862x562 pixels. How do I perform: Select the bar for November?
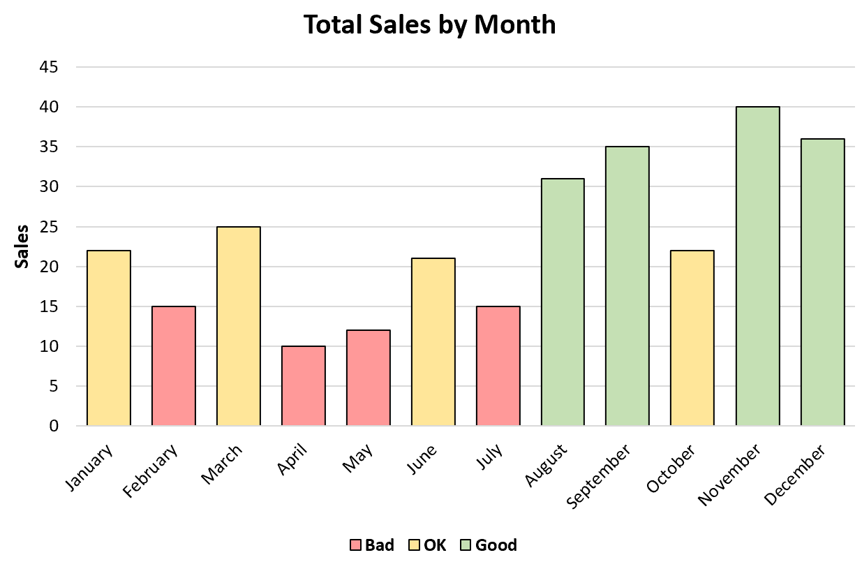click(x=757, y=266)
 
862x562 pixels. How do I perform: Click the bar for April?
click(x=304, y=385)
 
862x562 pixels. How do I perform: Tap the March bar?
click(x=239, y=326)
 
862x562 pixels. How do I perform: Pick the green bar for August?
click(x=563, y=302)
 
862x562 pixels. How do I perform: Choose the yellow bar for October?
click(x=692, y=338)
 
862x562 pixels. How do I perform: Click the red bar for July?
click(x=498, y=366)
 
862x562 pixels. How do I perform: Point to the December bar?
click(x=822, y=282)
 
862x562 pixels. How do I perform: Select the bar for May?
click(x=369, y=378)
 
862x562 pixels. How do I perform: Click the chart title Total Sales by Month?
click(x=430, y=24)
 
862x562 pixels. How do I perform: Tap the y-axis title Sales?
click(x=22, y=246)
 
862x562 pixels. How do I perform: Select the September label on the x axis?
click(x=600, y=477)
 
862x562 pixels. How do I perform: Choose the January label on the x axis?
click(x=89, y=468)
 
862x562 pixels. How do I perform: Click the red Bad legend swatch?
click(x=355, y=545)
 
